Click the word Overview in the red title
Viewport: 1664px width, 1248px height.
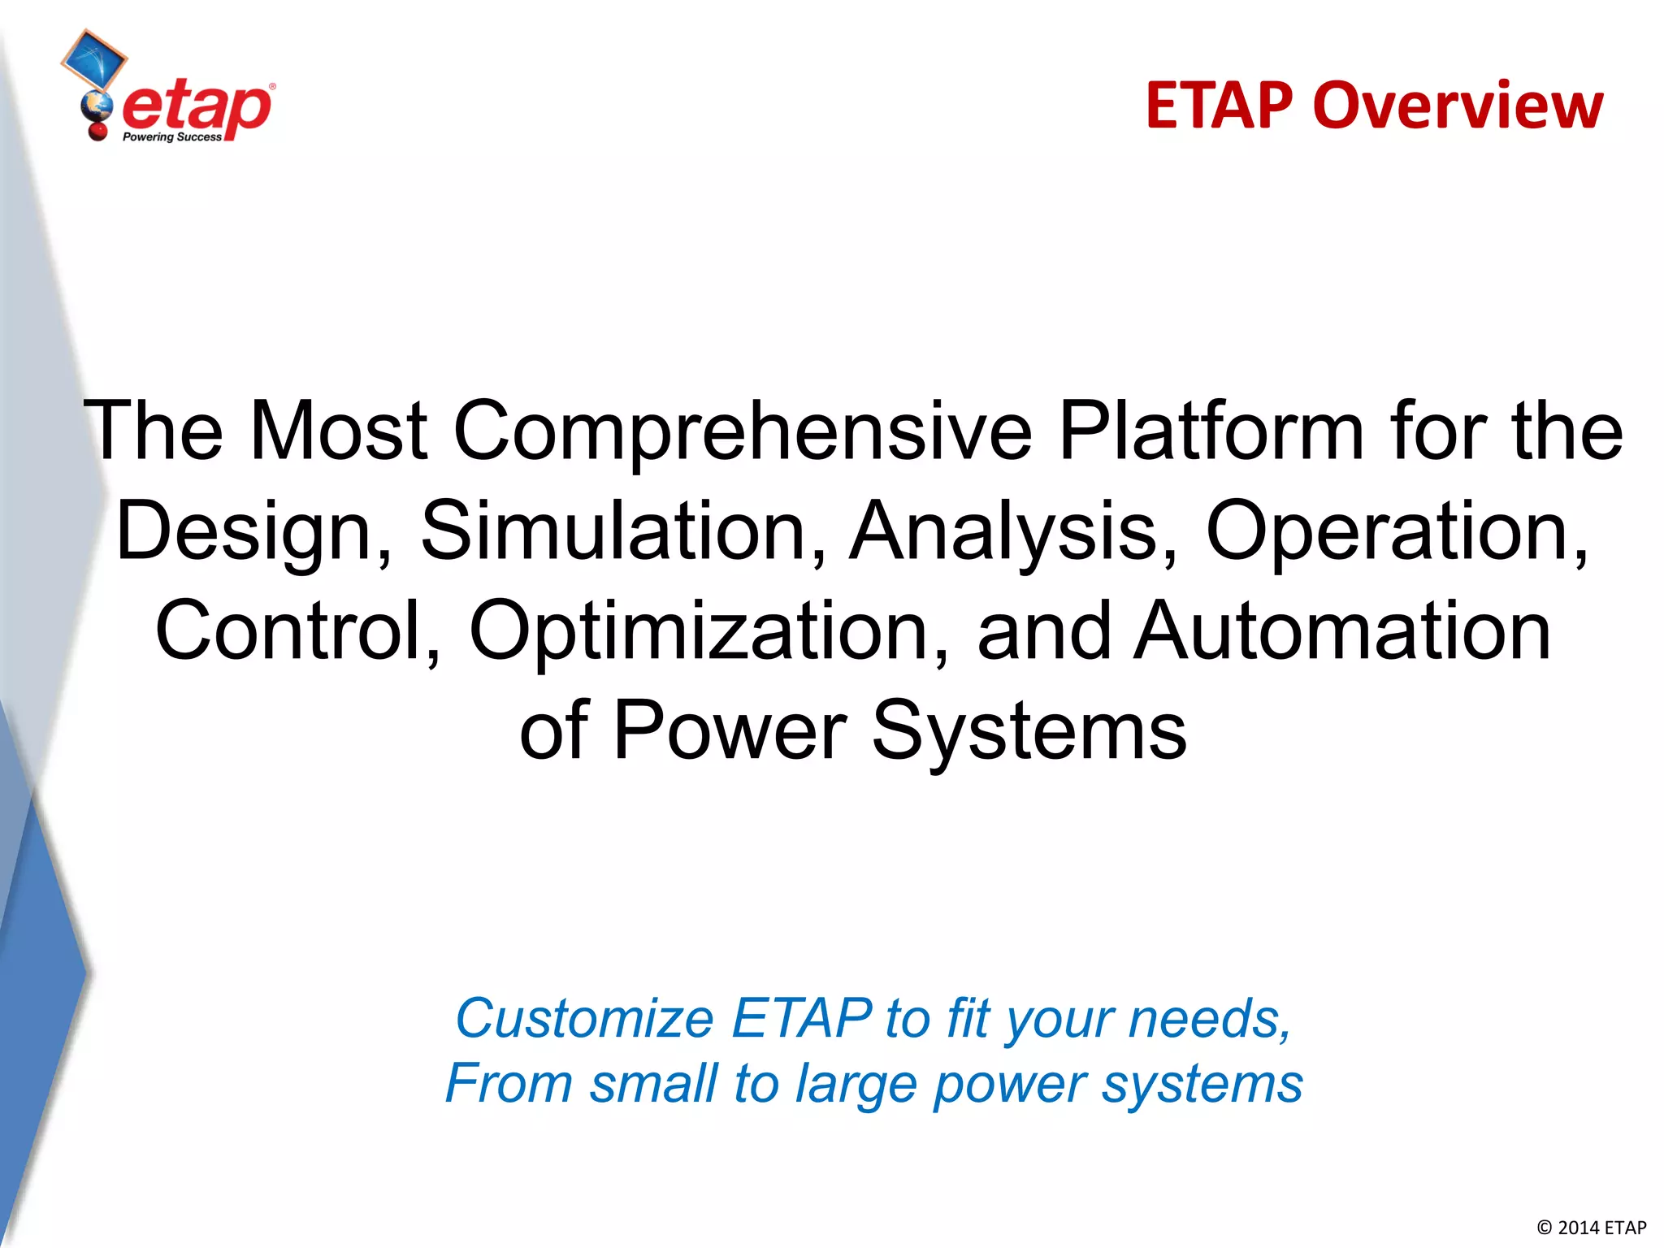pyautogui.click(x=1458, y=106)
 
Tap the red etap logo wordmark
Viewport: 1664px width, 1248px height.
pyautogui.click(x=197, y=107)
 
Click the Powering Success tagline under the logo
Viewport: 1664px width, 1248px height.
pyautogui.click(x=171, y=137)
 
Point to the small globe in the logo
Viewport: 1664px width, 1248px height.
pyautogui.click(x=97, y=105)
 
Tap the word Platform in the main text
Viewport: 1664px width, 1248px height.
pyautogui.click(x=1211, y=431)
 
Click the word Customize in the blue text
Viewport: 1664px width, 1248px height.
pyautogui.click(x=584, y=1018)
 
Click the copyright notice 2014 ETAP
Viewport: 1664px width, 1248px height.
pyautogui.click(x=1592, y=1228)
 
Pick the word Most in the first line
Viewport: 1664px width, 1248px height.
pyautogui.click(x=338, y=431)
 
